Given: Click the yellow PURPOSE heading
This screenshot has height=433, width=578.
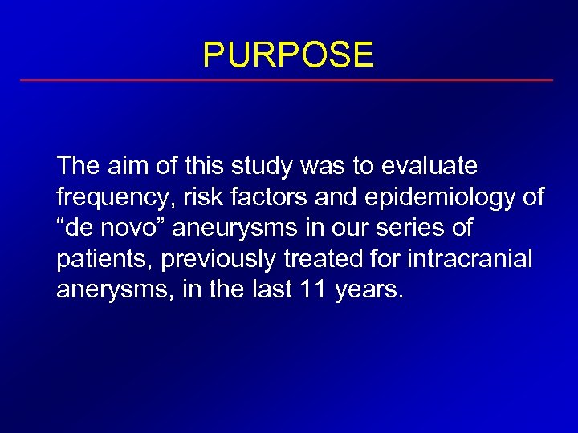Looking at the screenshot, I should (x=288, y=55).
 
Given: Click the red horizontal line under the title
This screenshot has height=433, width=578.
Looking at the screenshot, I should (x=287, y=80).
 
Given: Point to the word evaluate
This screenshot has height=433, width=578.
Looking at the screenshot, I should (x=429, y=166).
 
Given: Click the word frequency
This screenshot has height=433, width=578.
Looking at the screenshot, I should (x=108, y=196).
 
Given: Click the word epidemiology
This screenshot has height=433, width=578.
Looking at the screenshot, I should (x=438, y=196).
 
